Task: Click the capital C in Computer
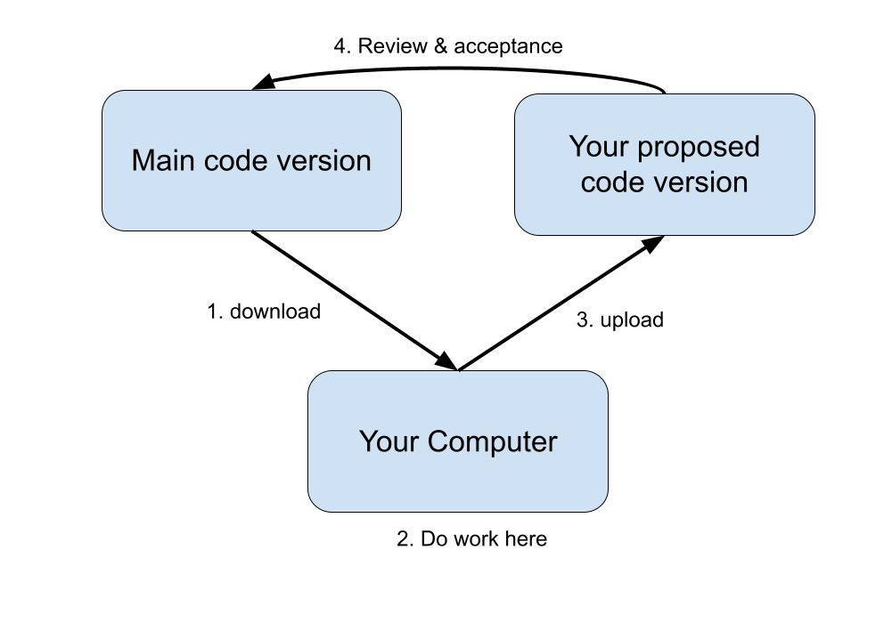(438, 441)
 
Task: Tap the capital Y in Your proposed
(578, 147)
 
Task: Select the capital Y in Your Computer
(368, 441)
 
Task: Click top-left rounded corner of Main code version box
(110, 98)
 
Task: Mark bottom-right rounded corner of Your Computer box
(600, 504)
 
